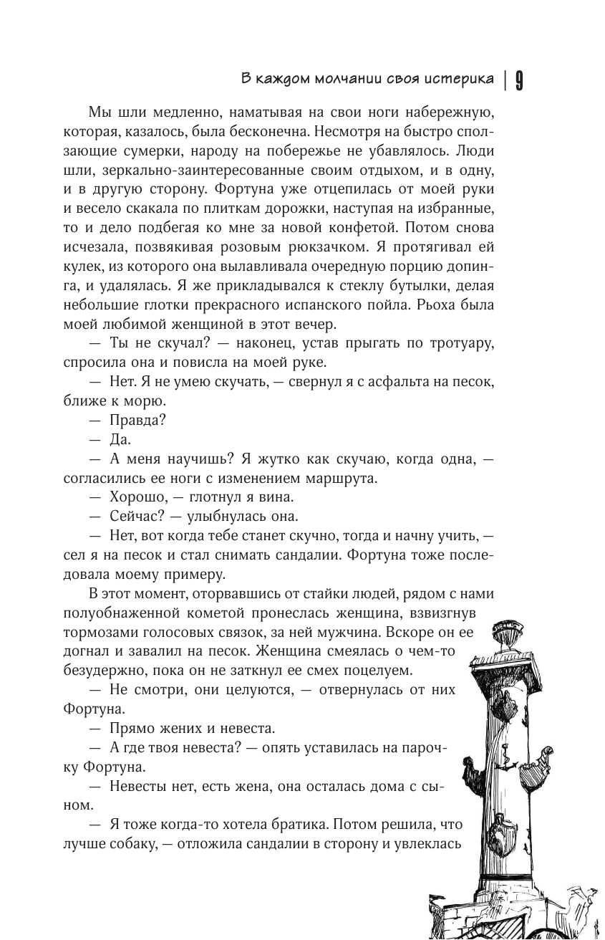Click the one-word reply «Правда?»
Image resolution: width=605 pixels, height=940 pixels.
(137, 421)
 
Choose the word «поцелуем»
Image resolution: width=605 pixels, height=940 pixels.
(378, 671)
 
